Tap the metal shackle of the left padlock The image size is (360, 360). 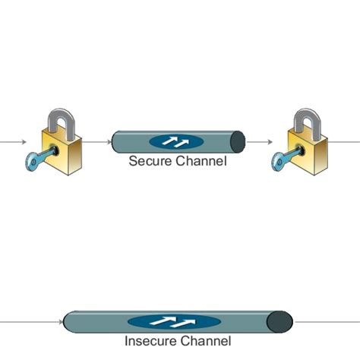click(62, 122)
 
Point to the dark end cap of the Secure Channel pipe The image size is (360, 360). click(238, 141)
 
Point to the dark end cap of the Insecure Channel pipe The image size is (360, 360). click(280, 321)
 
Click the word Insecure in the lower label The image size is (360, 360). click(149, 341)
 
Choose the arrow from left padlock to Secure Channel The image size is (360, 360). click(96, 141)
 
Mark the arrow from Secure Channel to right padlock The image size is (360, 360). click(259, 141)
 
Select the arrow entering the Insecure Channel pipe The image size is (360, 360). click(30, 321)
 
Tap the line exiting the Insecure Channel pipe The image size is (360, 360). click(327, 321)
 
